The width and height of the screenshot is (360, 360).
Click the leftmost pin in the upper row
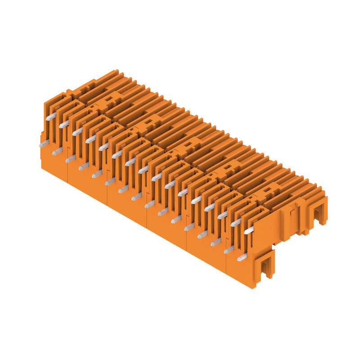[x=51, y=117]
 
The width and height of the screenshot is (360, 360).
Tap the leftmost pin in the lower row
[x=44, y=144]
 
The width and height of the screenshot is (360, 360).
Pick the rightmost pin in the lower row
[x=242, y=257]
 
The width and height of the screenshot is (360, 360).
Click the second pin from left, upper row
[x=64, y=124]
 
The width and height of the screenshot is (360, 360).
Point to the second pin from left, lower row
[x=57, y=151]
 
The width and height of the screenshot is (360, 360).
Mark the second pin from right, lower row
[x=229, y=249]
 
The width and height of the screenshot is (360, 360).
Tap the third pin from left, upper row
[x=77, y=131]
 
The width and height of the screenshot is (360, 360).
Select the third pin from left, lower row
[x=70, y=158]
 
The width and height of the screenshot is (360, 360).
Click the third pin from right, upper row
[x=222, y=215]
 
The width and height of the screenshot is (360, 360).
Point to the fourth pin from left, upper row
[x=90, y=139]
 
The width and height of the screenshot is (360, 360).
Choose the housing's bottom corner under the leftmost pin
[x=42, y=167]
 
